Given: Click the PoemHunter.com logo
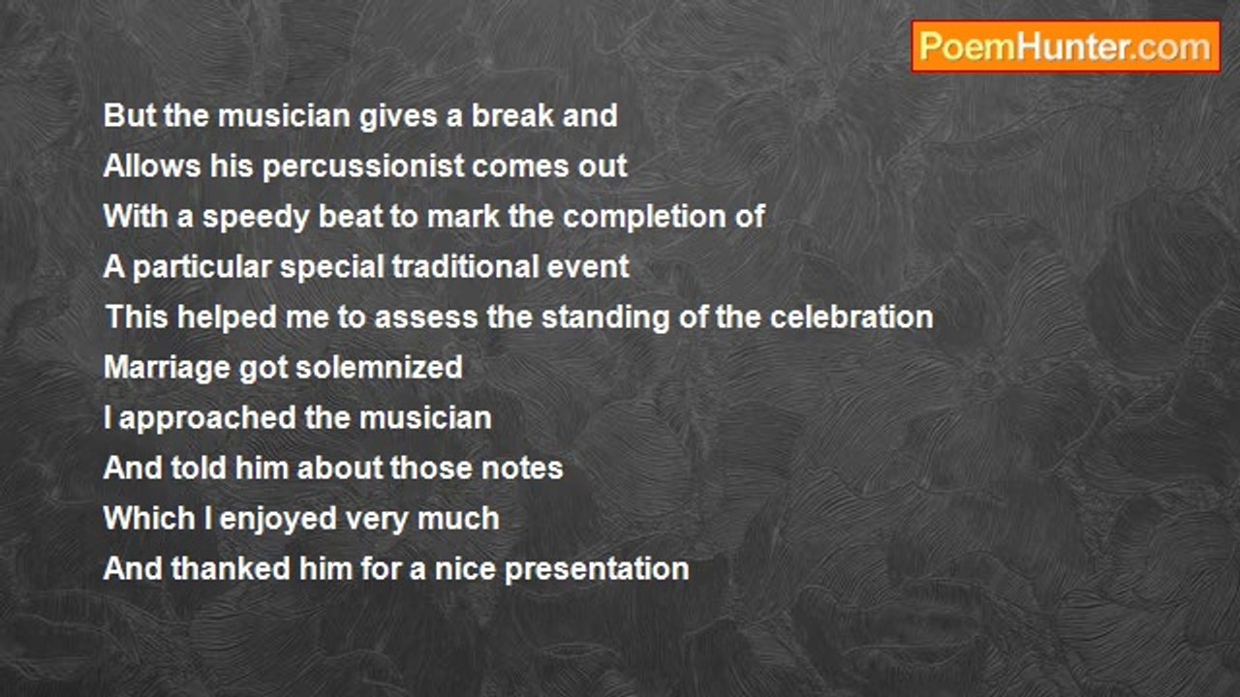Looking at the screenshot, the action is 1066,47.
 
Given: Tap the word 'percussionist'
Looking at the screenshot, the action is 363,166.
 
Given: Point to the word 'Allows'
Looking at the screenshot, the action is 152,166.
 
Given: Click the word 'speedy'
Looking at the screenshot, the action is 256,217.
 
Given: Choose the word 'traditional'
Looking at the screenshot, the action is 465,267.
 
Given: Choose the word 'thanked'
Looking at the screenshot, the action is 231,569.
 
